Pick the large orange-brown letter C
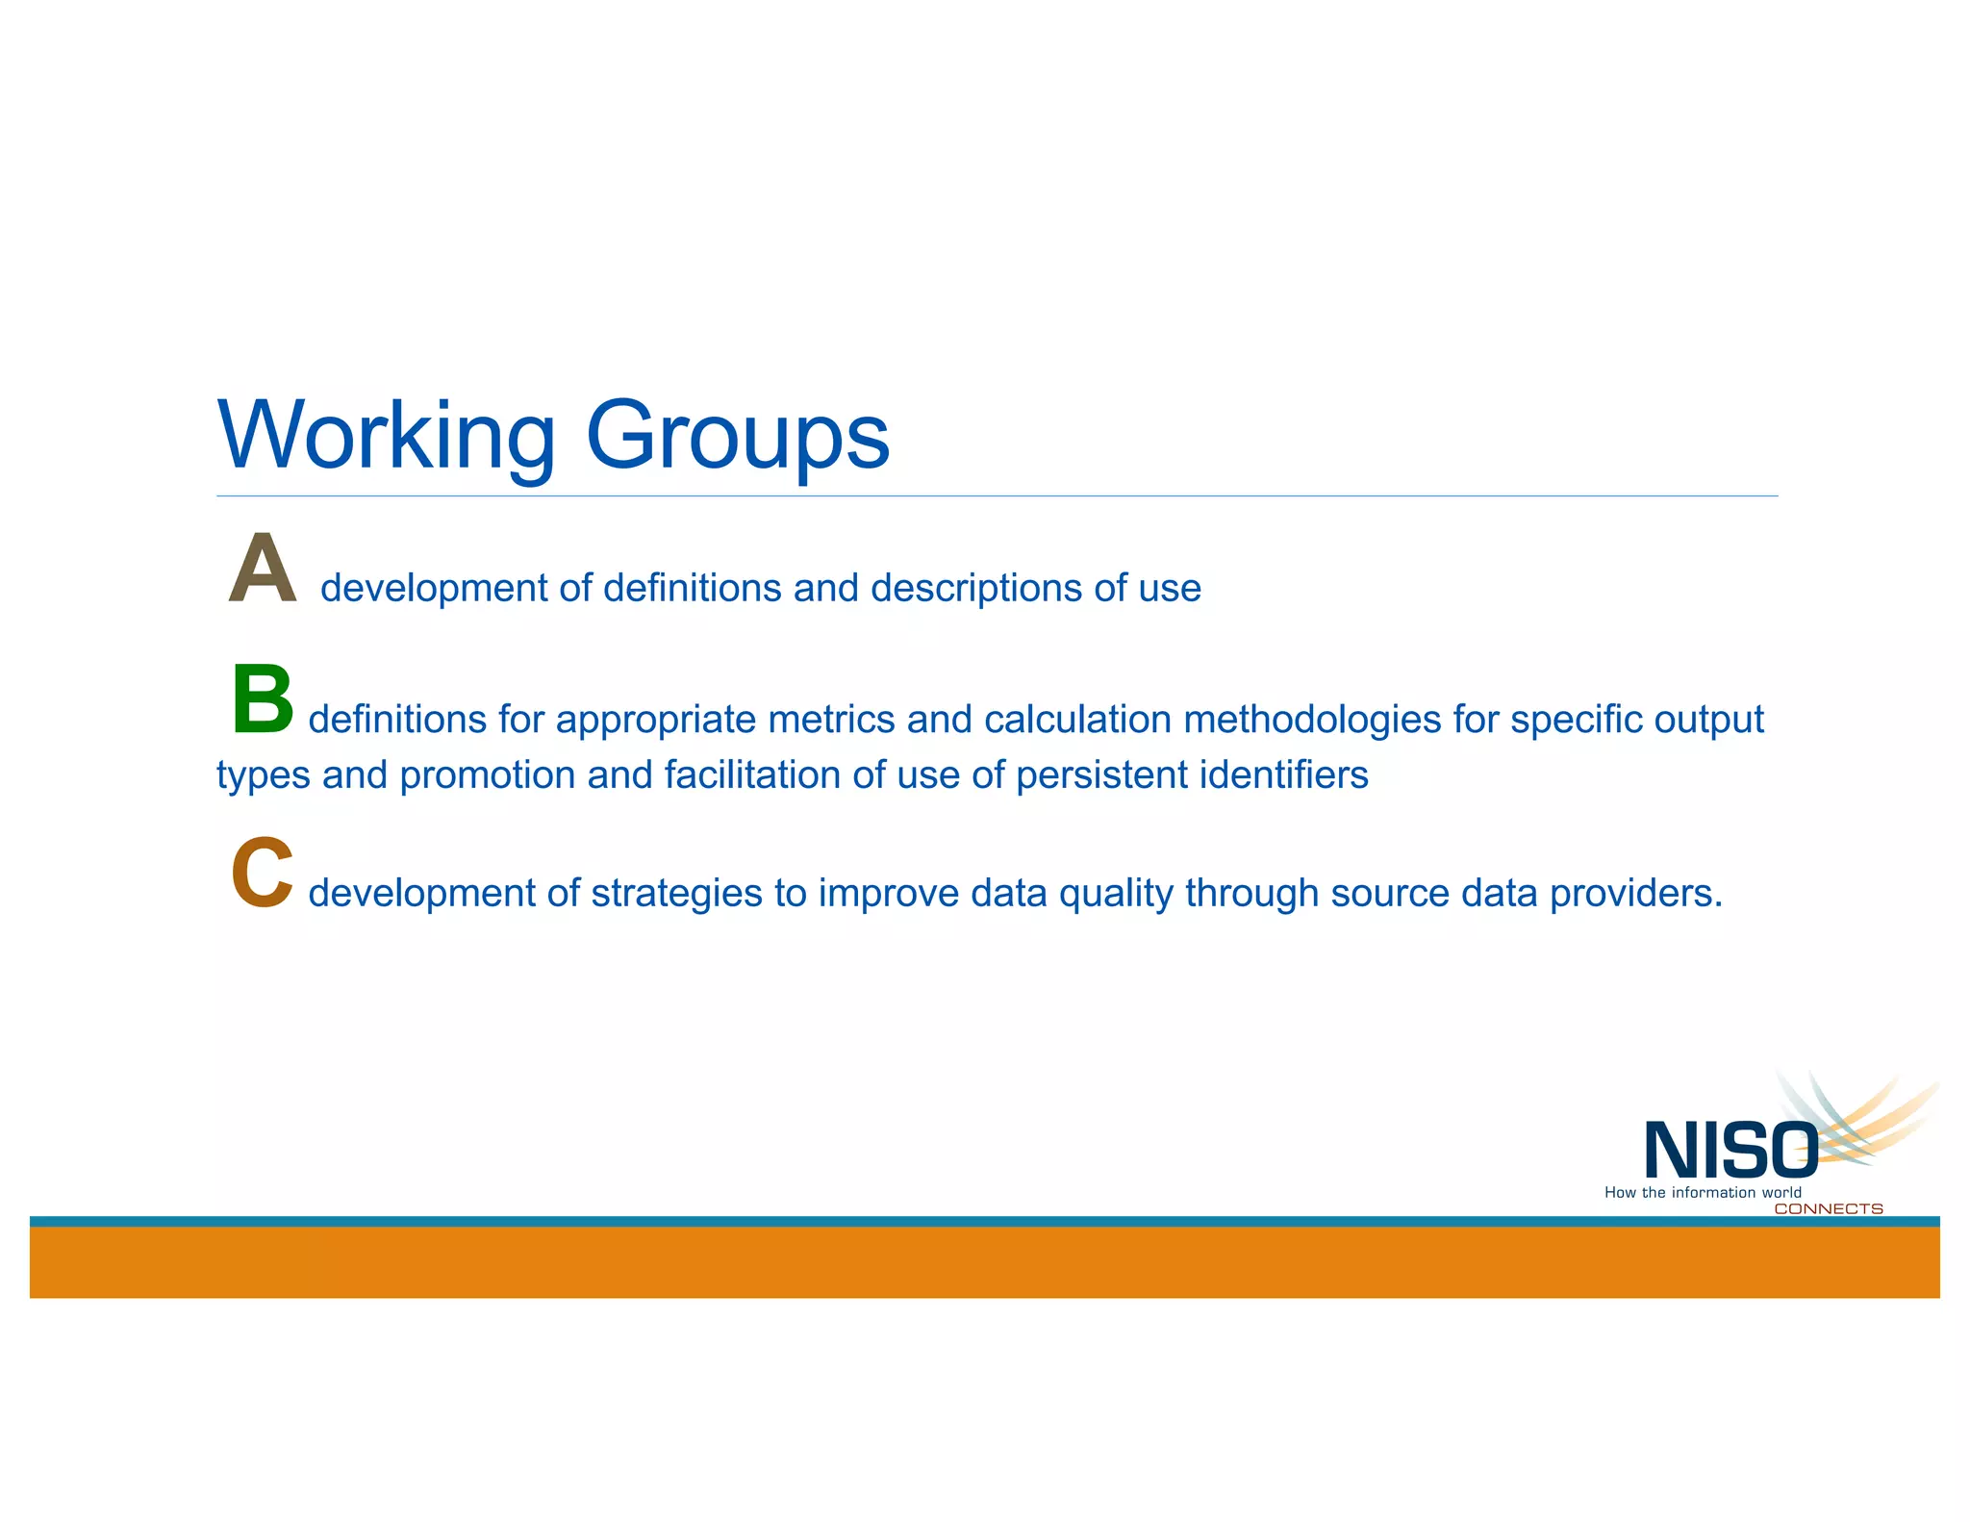coord(262,873)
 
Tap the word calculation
coord(1077,720)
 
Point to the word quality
coord(1115,894)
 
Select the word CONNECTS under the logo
coord(1828,1209)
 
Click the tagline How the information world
coord(1703,1193)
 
